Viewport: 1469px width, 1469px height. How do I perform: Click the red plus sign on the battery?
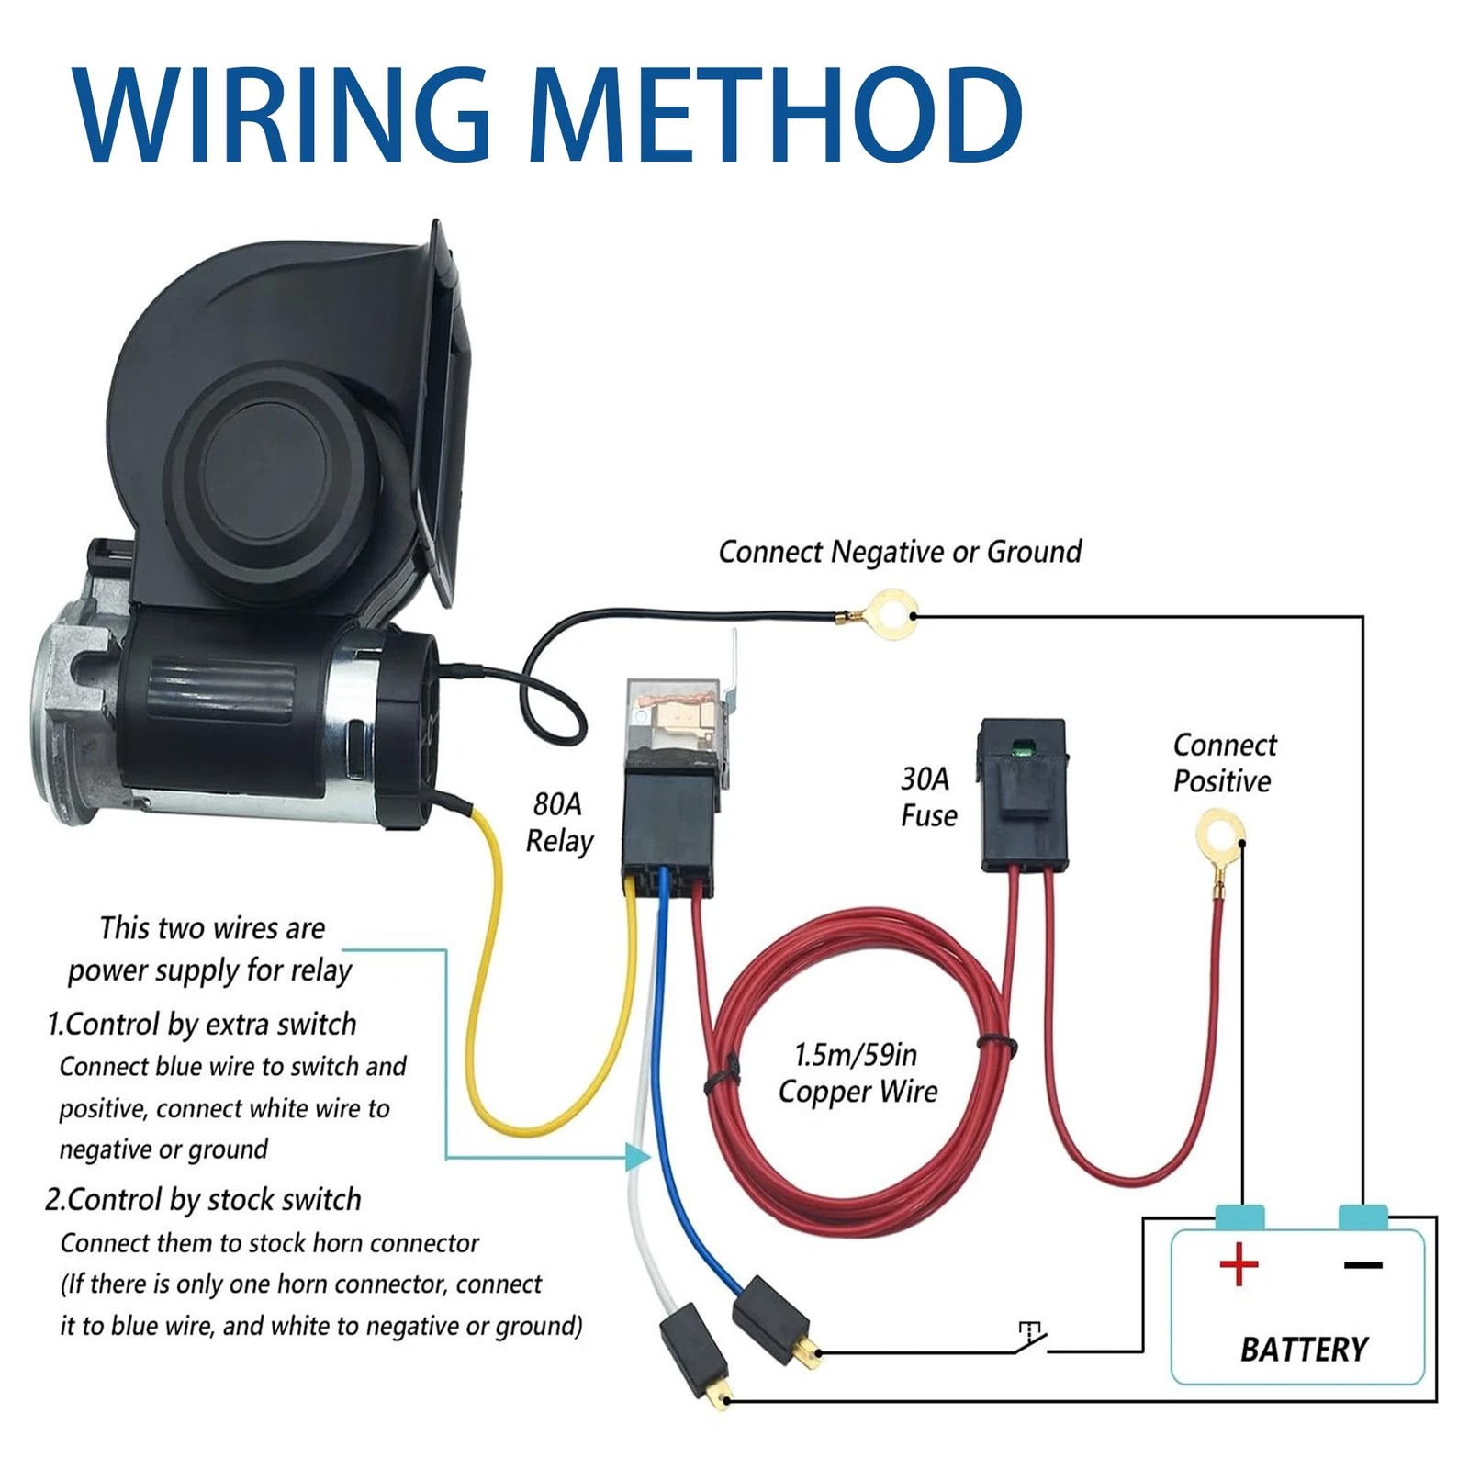[1239, 1265]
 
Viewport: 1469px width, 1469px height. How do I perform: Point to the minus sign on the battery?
[1362, 1265]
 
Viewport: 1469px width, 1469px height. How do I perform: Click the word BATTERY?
[1304, 1349]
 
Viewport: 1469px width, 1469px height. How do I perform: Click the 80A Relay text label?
[558, 823]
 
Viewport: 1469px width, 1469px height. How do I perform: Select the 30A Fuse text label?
[928, 797]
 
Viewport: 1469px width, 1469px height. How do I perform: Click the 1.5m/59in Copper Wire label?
[858, 1073]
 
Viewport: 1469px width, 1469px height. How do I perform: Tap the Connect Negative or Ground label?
[900, 552]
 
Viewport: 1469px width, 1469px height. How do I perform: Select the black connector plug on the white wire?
[694, 1351]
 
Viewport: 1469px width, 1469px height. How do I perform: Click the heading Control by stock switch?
[204, 1200]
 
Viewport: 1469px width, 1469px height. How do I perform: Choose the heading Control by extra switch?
[202, 1025]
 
